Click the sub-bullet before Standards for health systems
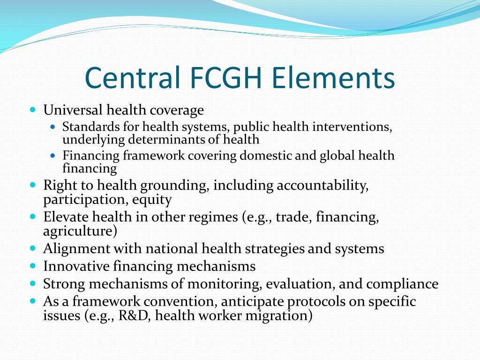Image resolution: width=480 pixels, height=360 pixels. (53, 127)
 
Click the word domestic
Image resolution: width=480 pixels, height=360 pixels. (266, 156)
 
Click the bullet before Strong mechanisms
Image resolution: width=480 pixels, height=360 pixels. (33, 284)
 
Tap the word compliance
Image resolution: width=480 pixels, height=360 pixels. (402, 284)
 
